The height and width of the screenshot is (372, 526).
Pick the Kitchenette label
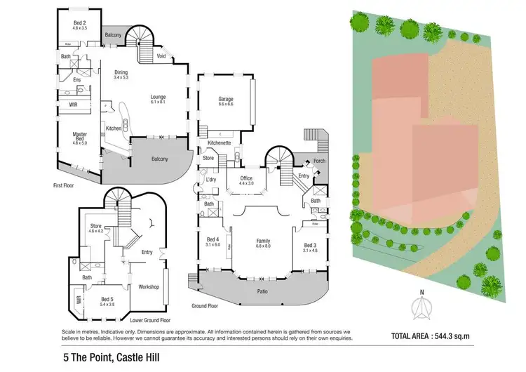[220, 142]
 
